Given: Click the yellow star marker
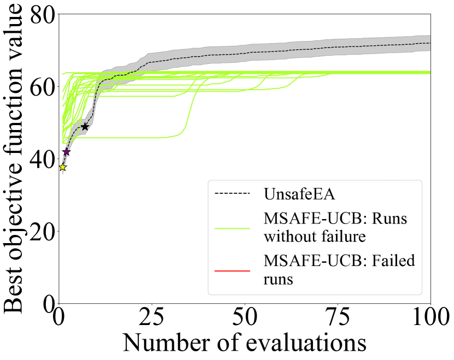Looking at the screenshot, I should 62,167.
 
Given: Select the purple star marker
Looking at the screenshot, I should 66,152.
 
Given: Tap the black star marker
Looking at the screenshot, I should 85,127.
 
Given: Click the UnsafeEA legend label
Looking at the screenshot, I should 299,194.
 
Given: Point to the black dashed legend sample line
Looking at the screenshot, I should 232,193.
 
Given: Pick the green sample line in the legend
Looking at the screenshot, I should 232,228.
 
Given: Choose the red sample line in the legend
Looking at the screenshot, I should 232,270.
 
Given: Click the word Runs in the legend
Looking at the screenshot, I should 389,219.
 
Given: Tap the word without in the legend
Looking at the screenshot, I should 287,237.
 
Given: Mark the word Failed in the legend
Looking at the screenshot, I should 393,261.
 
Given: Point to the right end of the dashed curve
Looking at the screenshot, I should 429,43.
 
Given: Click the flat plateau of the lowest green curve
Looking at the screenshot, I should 126,137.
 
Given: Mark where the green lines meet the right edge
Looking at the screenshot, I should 429,72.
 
